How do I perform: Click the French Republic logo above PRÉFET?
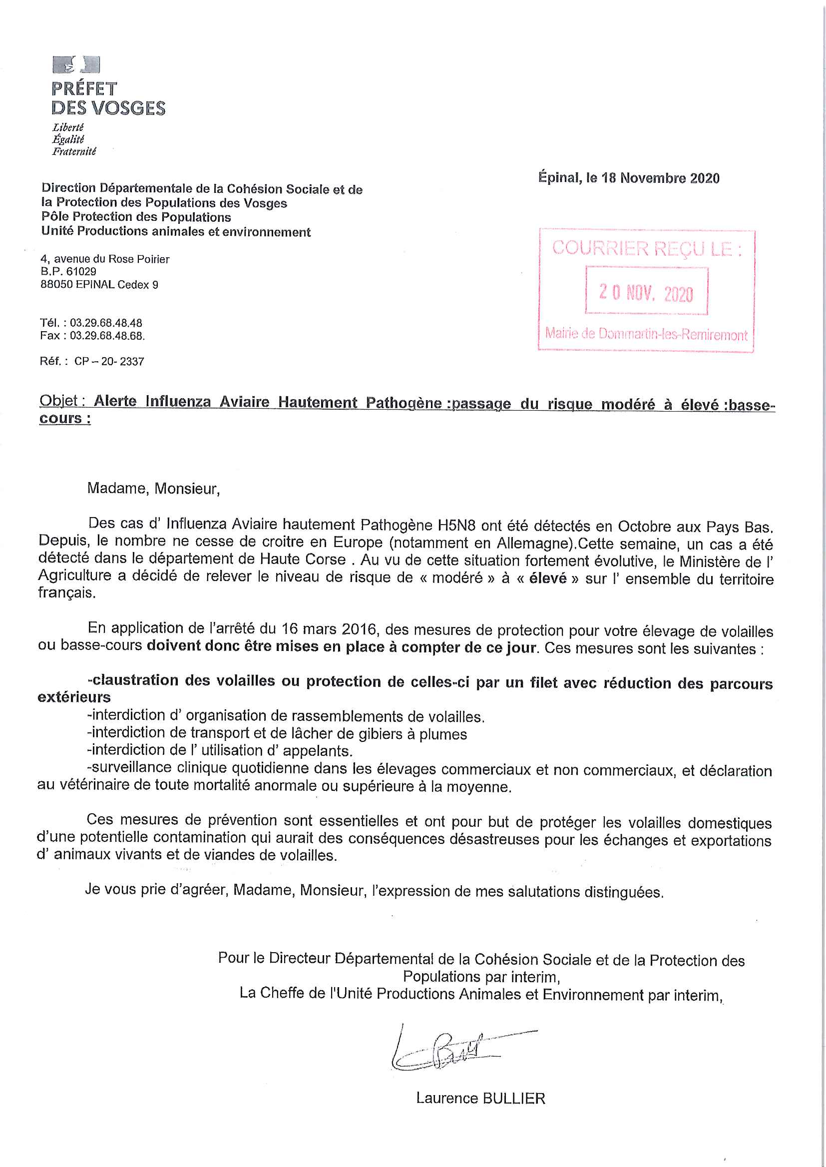pos(76,65)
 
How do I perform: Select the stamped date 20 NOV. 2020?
pos(646,293)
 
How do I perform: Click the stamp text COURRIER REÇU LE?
pos(646,248)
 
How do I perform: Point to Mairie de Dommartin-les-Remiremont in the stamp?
pos(646,334)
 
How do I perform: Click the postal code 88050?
pos(56,285)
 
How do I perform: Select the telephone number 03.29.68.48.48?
pos(106,323)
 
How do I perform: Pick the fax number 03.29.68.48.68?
pos(107,336)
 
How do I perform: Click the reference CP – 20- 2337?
pos(109,362)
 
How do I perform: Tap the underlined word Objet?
pos(58,401)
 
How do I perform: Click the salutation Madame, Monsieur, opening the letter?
pos(153,489)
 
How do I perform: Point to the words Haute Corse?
pos(302,560)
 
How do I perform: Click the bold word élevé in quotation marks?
pos(547,579)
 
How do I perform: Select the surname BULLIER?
pos(513,1099)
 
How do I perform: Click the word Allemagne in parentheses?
pos(533,543)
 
